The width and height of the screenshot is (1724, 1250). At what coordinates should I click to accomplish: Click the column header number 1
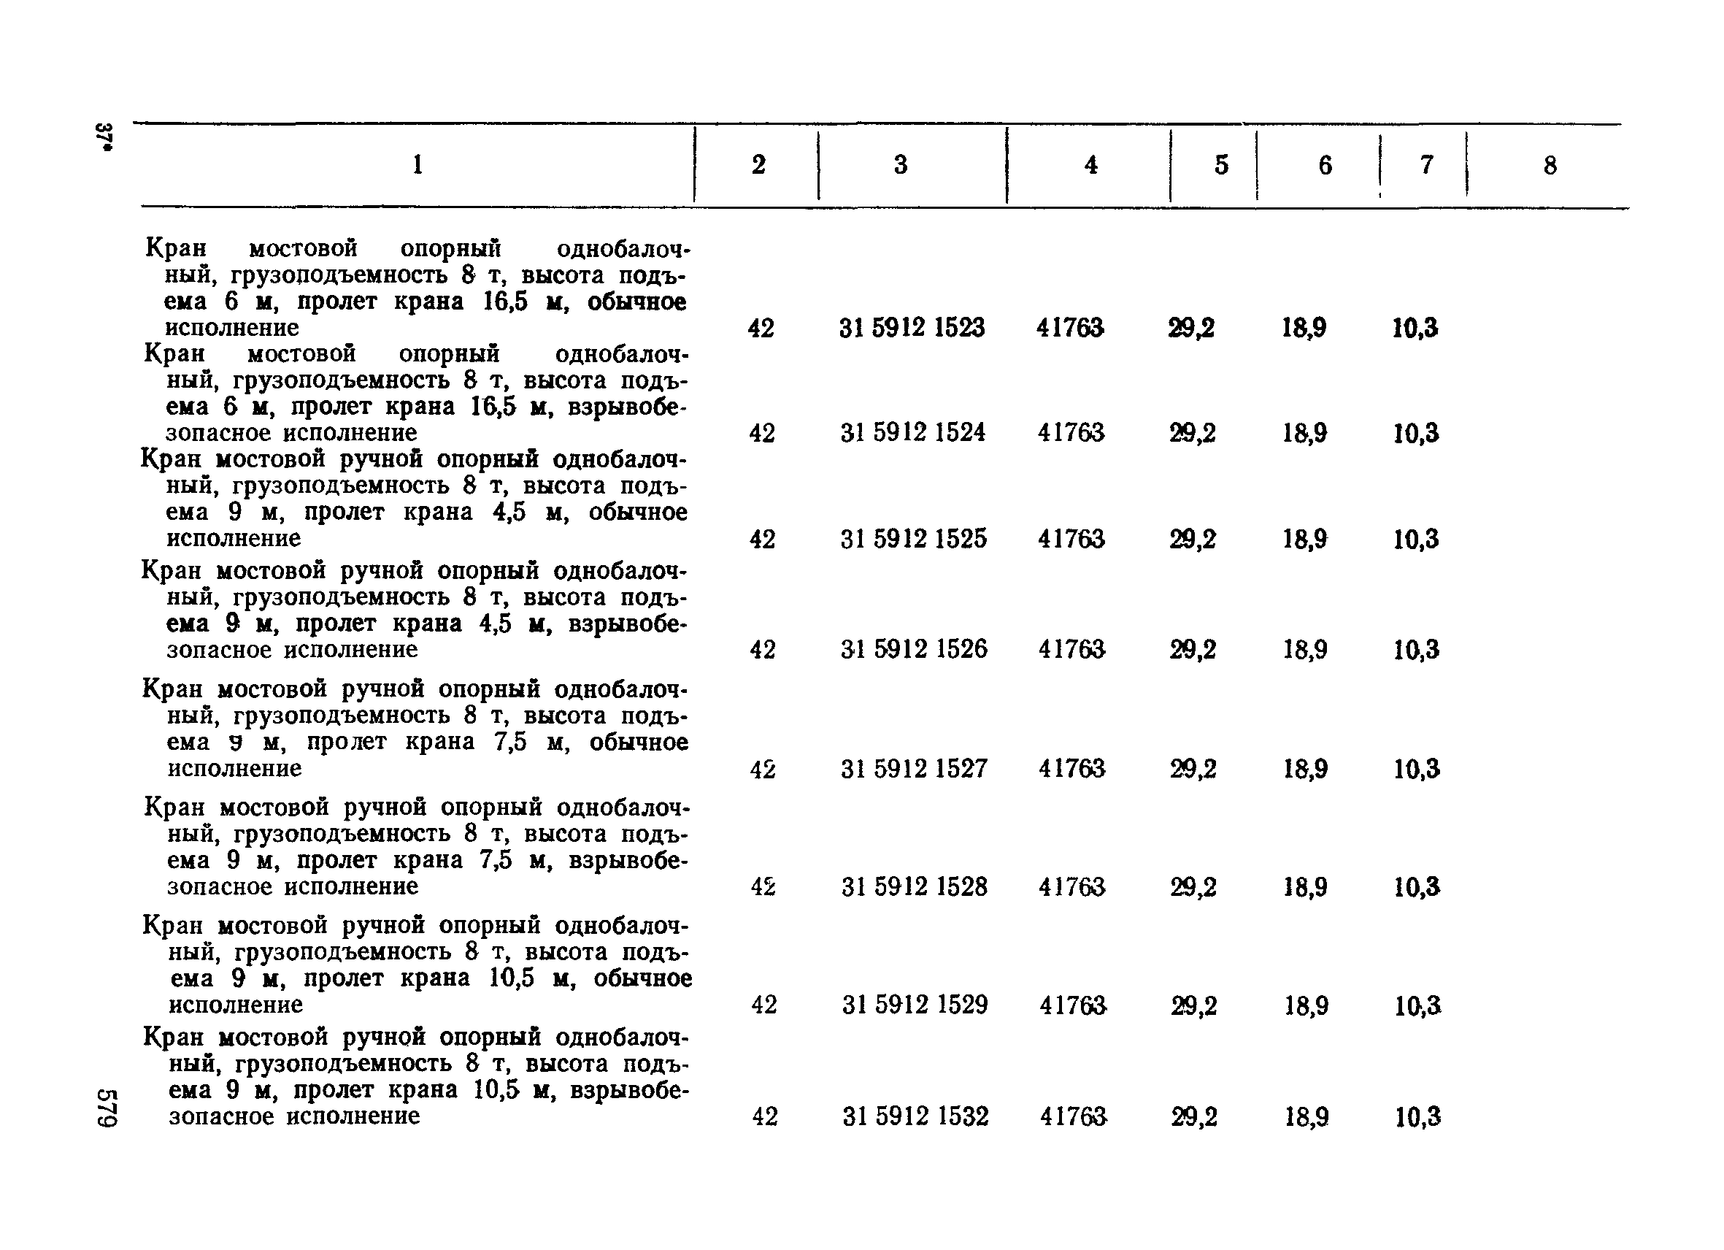coord(417,164)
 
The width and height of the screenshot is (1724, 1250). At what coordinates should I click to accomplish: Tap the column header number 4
coord(1090,164)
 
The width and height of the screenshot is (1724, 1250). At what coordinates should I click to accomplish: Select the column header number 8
coord(1550,165)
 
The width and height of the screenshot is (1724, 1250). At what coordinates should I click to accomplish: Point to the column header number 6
coord(1325,165)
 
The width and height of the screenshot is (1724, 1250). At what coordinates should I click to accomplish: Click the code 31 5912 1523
coord(912,328)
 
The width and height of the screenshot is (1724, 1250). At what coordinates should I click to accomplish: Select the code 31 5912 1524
coord(912,433)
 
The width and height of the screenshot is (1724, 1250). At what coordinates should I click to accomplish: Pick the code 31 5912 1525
coord(913,539)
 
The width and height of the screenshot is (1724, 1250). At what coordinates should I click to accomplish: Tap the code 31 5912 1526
coord(914,648)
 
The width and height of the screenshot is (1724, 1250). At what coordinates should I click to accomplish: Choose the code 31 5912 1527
coord(914,769)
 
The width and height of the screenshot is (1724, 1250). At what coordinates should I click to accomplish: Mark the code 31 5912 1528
coord(914,886)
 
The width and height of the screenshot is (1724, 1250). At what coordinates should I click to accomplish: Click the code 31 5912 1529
coord(915,1005)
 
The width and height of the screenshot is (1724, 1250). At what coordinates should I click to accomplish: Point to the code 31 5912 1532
coord(915,1116)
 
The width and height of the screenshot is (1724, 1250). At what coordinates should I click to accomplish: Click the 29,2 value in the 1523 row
coord(1191,328)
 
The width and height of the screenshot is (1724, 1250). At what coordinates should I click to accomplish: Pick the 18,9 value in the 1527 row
coord(1305,769)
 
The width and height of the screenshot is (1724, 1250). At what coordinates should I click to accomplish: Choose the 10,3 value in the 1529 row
coord(1417,1006)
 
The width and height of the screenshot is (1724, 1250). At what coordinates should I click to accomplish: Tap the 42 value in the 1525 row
coord(763,539)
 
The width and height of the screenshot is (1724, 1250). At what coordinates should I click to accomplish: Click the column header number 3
coord(901,164)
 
